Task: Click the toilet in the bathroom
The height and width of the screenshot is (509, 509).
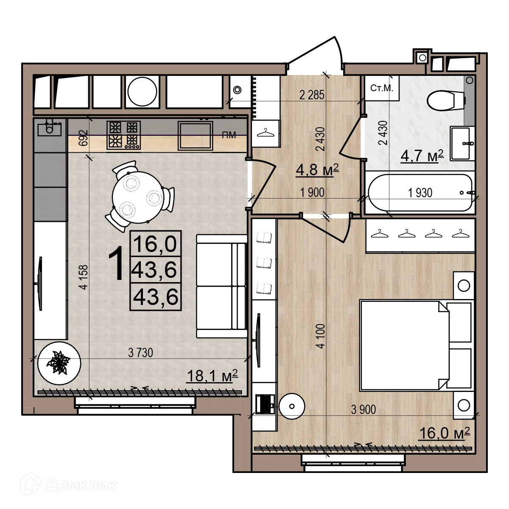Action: click(446, 101)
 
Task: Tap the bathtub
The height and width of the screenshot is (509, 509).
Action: click(420, 193)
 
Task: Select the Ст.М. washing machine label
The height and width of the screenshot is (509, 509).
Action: click(382, 88)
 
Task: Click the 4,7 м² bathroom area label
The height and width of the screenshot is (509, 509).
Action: click(422, 156)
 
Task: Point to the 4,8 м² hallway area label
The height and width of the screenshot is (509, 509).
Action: click(317, 169)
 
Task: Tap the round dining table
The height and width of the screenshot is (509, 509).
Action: click(139, 197)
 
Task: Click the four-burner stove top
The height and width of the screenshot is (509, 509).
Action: click(123, 135)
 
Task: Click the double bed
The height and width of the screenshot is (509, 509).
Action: click(416, 346)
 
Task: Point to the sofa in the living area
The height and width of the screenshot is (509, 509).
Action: click(221, 286)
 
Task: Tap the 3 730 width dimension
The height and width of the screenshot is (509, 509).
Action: click(140, 352)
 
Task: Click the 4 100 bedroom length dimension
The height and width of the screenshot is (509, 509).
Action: click(321, 336)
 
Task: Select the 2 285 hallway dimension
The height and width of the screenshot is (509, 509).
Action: click(312, 95)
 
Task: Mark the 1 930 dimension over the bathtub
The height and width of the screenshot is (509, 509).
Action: click(420, 193)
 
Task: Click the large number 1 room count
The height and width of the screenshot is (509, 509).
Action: click(116, 263)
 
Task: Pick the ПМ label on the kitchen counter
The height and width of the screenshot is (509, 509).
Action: click(229, 135)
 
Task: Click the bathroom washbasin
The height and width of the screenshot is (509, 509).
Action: click(462, 143)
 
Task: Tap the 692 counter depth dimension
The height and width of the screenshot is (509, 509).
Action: click(84, 137)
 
